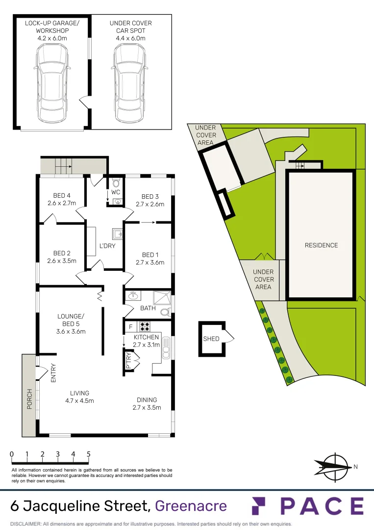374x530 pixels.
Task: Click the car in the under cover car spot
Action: pyautogui.click(x=130, y=79)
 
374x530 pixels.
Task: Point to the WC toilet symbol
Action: pyautogui.click(x=116, y=183)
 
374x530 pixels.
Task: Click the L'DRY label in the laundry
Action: pyautogui.click(x=107, y=245)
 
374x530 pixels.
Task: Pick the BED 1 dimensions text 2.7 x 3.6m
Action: pyautogui.click(x=150, y=263)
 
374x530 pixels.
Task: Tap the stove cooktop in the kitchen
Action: pyautogui.click(x=145, y=324)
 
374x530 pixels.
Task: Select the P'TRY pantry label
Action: pyautogui.click(x=129, y=361)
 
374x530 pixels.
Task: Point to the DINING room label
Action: pyautogui.click(x=147, y=399)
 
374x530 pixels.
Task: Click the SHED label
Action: pyautogui.click(x=211, y=339)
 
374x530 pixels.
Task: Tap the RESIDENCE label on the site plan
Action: pyautogui.click(x=321, y=245)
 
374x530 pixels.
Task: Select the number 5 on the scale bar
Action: pyautogui.click(x=89, y=454)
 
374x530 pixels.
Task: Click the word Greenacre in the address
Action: pyautogui.click(x=191, y=505)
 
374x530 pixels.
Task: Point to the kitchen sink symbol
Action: pyautogui.click(x=166, y=346)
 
